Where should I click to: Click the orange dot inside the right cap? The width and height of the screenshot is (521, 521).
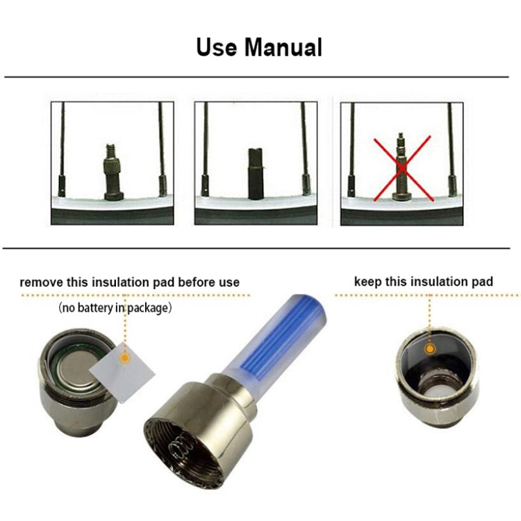pyautogui.click(x=430, y=348)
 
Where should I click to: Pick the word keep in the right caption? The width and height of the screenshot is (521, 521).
pyautogui.click(x=367, y=281)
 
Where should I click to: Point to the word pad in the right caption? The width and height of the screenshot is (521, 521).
pyautogui.click(x=482, y=281)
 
